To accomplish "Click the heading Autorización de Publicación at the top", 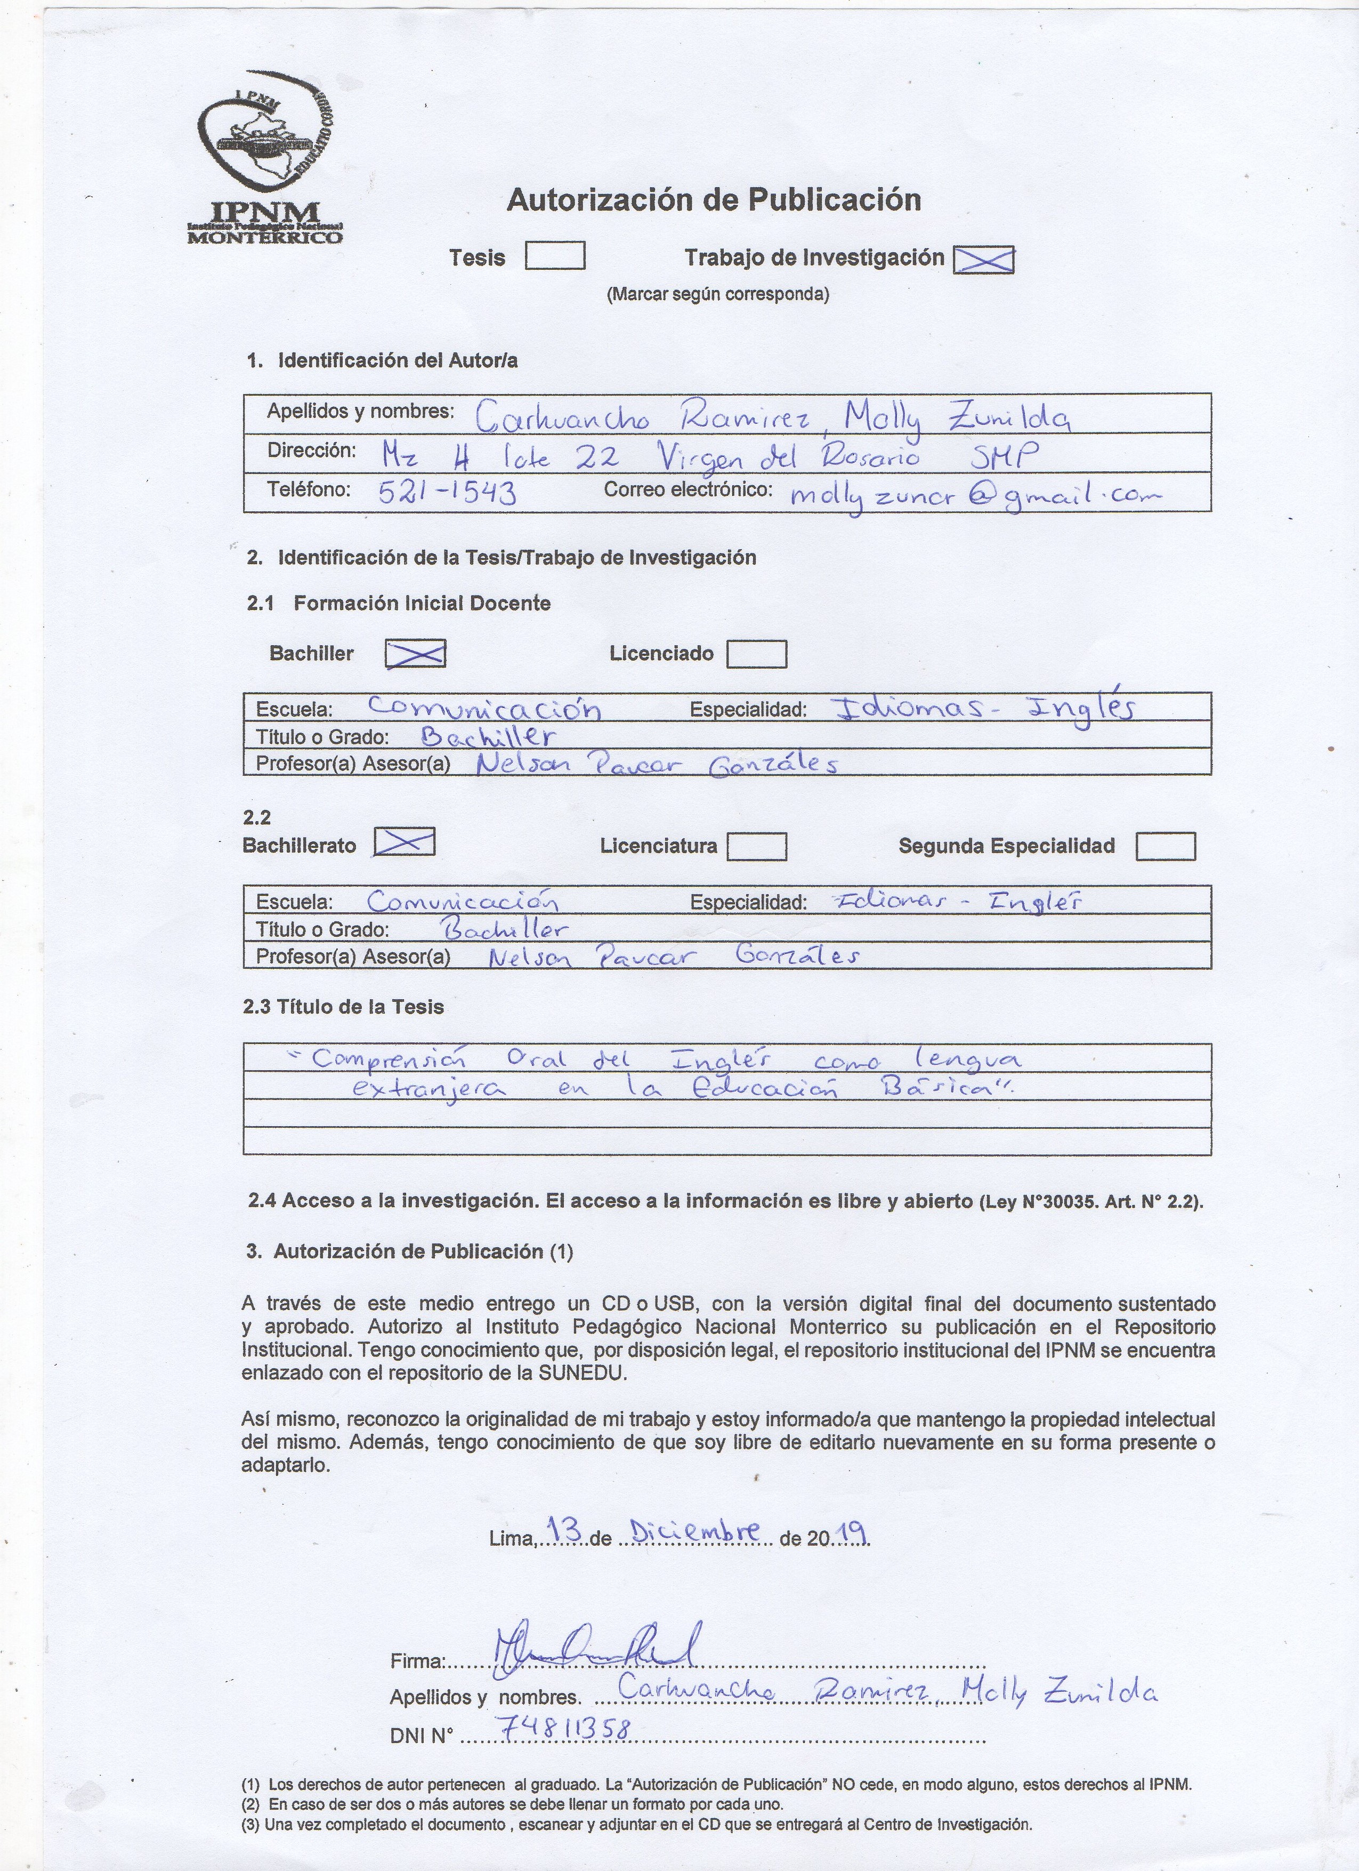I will [x=713, y=199].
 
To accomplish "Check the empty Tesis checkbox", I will [x=555, y=256].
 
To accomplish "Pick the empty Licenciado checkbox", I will [x=756, y=654].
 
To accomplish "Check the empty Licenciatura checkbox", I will [x=756, y=846].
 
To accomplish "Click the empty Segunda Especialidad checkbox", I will [x=1165, y=846].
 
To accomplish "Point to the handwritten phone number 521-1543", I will [x=447, y=493].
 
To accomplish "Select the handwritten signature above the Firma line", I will [x=594, y=1648].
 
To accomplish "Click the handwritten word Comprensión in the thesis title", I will [x=389, y=1058].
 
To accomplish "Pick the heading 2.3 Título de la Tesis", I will [x=343, y=1007].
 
